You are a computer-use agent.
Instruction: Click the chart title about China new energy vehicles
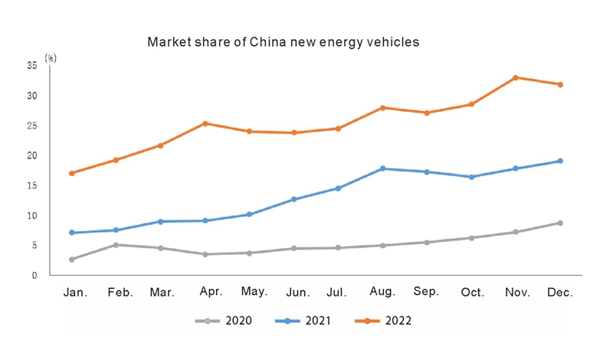pyautogui.click(x=283, y=43)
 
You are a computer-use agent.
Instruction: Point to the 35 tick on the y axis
pyautogui.click(x=32, y=66)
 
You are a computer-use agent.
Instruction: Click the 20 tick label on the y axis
pyautogui.click(x=32, y=156)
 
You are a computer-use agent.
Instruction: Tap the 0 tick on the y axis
pyautogui.click(x=34, y=276)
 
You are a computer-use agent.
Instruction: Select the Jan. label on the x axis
pyautogui.click(x=75, y=293)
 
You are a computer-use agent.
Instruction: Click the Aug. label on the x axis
pyautogui.click(x=382, y=292)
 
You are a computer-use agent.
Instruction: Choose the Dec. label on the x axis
pyautogui.click(x=560, y=293)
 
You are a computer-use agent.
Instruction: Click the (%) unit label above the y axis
pyautogui.click(x=50, y=57)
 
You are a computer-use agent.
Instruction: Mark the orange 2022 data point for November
pyautogui.click(x=516, y=77)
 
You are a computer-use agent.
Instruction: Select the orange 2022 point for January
pyautogui.click(x=72, y=173)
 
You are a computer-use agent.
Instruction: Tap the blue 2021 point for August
pyautogui.click(x=382, y=169)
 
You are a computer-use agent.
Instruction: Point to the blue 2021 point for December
pyautogui.click(x=560, y=161)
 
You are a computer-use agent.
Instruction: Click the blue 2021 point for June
pyautogui.click(x=293, y=199)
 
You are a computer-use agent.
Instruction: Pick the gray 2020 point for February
pyautogui.click(x=116, y=245)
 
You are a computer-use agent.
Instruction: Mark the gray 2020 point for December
pyautogui.click(x=560, y=223)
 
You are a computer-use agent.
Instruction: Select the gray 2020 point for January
pyautogui.click(x=72, y=260)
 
